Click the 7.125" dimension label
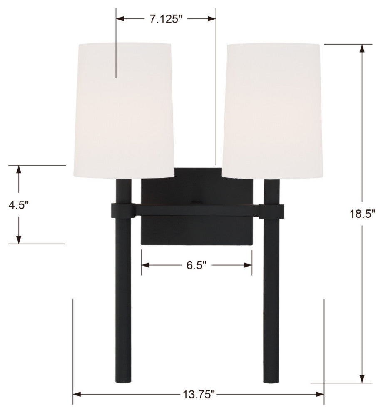tap(166, 19)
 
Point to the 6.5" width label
tap(196, 265)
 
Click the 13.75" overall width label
tap(198, 394)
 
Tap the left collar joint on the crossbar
tap(123, 211)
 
